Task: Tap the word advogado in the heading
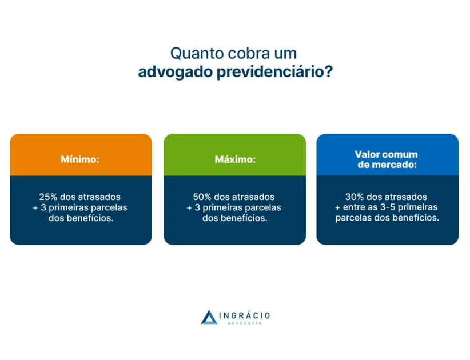(170, 73)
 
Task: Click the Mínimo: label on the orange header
(80, 159)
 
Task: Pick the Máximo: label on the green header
(234, 159)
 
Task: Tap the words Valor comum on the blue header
(386, 154)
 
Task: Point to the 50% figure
(202, 197)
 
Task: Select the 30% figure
(355, 197)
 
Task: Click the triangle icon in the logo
(209, 317)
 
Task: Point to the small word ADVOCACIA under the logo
(244, 323)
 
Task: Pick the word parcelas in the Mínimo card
(108, 207)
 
